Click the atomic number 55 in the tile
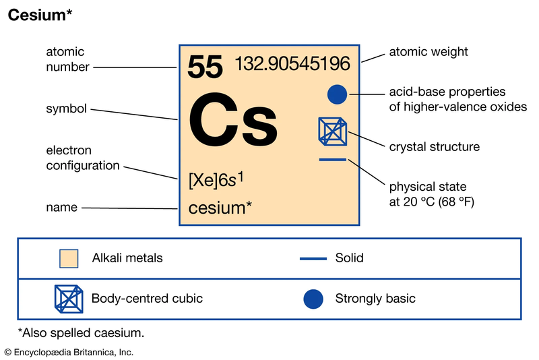pos(205,67)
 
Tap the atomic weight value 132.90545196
pos(292,63)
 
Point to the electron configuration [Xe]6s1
pos(216,180)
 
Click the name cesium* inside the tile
pos(220,208)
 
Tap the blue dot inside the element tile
pos(337,94)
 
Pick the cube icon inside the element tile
pos(332,131)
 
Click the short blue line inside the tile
pos(332,160)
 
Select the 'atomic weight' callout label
pos(429,52)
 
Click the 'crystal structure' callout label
pos(434,147)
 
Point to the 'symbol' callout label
pos(66,109)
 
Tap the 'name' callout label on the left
pos(62,208)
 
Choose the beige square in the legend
pos(69,259)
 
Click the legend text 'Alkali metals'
pos(127,258)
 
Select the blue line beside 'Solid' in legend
pos(313,259)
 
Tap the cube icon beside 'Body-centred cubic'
pos(69,299)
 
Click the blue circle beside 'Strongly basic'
pos(313,299)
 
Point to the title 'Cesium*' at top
pos(40,15)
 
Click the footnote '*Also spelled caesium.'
pos(81,333)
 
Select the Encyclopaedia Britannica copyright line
pos(69,353)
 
